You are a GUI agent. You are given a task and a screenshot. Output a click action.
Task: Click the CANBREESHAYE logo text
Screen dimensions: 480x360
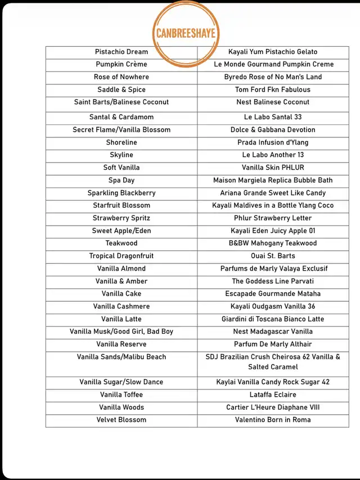[x=186, y=33]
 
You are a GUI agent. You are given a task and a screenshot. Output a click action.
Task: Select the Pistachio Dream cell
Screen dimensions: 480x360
[x=121, y=52]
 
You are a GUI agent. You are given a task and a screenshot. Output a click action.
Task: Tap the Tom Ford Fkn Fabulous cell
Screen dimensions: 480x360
[x=273, y=89]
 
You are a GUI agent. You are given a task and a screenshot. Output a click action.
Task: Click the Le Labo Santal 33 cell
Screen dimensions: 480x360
[x=273, y=117]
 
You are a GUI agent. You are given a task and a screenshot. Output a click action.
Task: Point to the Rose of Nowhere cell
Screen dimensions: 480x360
[x=121, y=77]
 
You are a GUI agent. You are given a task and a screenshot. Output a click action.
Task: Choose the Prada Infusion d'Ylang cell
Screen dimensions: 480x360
[x=273, y=142]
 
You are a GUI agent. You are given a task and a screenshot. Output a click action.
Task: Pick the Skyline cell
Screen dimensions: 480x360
[x=121, y=155]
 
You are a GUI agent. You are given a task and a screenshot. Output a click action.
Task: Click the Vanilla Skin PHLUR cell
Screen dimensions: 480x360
[x=273, y=168]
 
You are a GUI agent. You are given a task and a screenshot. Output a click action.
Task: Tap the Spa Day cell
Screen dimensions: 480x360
[x=121, y=180]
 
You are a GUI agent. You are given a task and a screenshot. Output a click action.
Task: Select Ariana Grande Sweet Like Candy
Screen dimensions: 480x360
[x=273, y=193]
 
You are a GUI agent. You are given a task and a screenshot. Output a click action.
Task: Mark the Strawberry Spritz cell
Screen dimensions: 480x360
[x=121, y=218]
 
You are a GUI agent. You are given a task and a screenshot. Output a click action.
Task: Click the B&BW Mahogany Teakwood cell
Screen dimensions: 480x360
[x=273, y=243]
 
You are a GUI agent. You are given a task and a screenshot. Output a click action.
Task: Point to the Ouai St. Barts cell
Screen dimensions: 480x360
[x=273, y=256]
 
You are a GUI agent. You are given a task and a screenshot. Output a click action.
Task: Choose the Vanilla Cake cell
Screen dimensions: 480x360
[x=121, y=294]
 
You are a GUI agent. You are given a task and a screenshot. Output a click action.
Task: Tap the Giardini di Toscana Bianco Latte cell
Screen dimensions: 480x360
[x=273, y=319]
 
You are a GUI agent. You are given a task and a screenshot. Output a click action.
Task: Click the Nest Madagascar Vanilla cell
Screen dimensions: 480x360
[x=273, y=331]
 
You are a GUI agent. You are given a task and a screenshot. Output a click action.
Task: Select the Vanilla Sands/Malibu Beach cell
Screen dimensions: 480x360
[x=121, y=357]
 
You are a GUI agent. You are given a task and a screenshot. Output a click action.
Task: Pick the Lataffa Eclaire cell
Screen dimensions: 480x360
[x=273, y=394]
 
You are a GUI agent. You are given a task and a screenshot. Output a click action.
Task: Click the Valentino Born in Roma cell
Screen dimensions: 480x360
[x=273, y=420]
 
